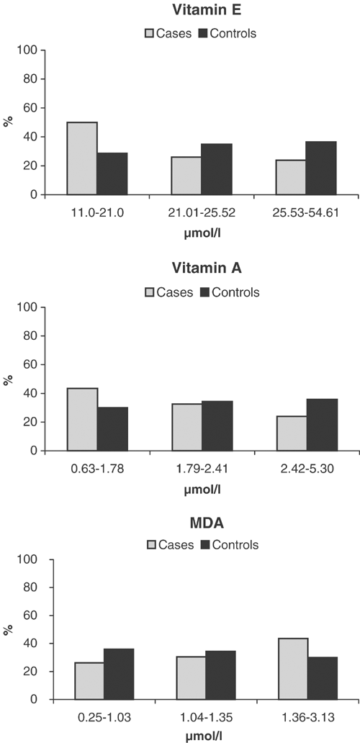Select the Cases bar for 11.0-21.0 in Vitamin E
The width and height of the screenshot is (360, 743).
pyautogui.click(x=82, y=158)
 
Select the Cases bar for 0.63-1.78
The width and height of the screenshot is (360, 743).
pyautogui.click(x=82, y=420)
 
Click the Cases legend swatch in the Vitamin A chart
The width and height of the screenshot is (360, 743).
pyautogui.click(x=153, y=292)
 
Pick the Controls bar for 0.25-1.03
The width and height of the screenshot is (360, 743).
pyautogui.click(x=112, y=674)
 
